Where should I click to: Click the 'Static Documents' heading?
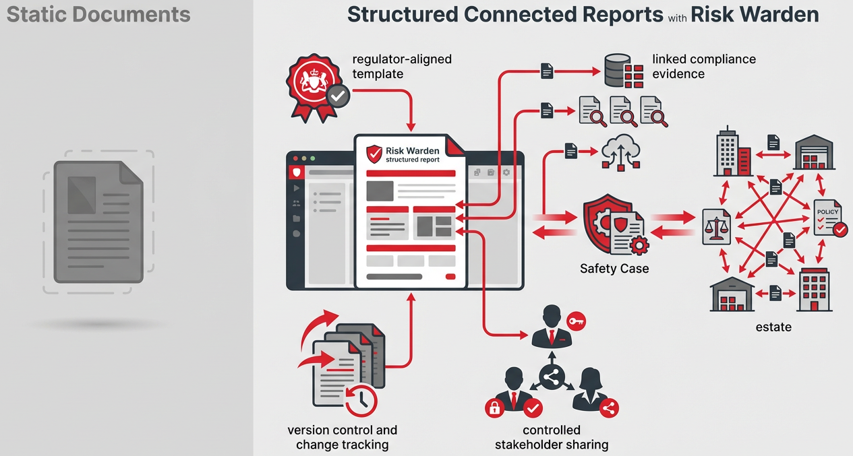click(x=98, y=15)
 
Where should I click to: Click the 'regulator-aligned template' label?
click(x=402, y=66)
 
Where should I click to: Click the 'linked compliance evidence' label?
click(x=703, y=66)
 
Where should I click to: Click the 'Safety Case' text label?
click(x=614, y=268)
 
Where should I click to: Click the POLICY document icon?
click(x=828, y=220)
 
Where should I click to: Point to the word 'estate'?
click(x=773, y=327)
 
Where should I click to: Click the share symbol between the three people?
click(x=552, y=378)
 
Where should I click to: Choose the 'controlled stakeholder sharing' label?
click(x=551, y=437)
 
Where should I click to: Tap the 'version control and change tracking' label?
click(x=342, y=437)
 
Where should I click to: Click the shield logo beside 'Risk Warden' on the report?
click(x=374, y=154)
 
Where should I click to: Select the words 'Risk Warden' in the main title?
click(x=755, y=15)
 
